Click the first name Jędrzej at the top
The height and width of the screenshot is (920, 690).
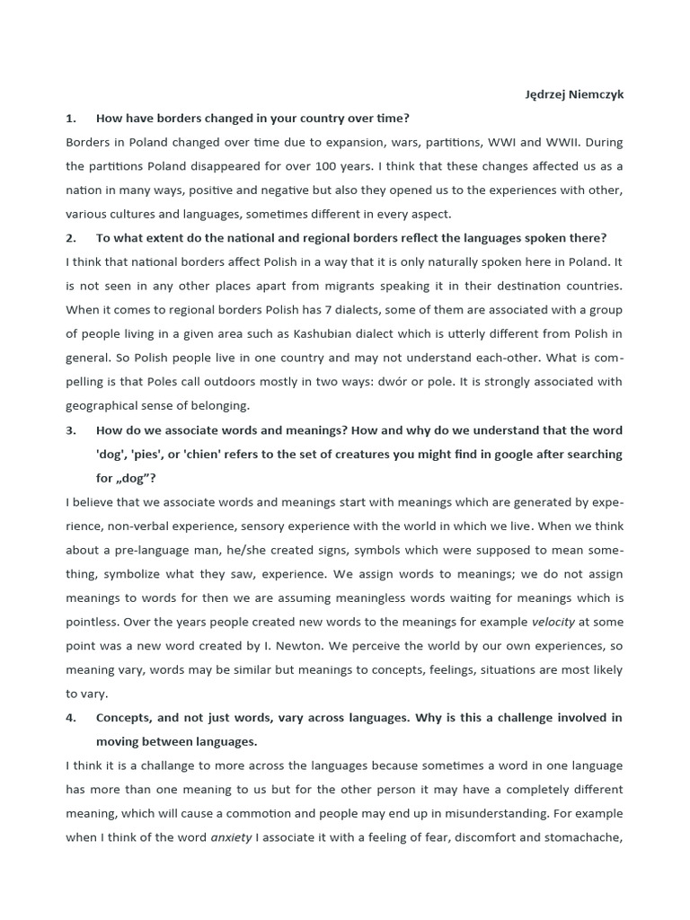(x=546, y=95)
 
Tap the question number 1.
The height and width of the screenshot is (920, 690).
(x=70, y=119)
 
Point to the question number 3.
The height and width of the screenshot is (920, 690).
(x=70, y=430)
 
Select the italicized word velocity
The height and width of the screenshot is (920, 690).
(x=553, y=622)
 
